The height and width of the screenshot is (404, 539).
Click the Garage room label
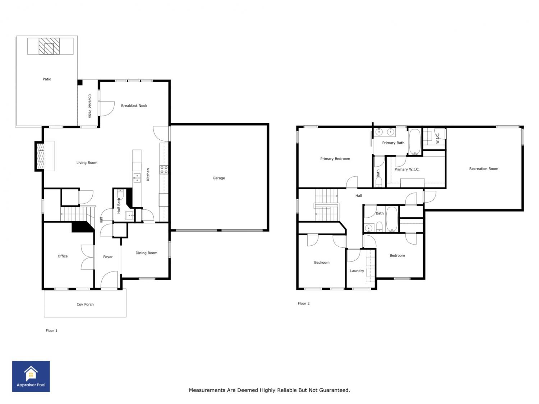coord(218,178)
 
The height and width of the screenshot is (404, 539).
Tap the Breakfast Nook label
coord(134,106)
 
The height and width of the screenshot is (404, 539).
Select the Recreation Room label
coord(484,169)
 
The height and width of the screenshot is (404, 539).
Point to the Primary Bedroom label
coord(335,159)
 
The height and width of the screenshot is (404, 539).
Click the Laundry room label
coord(357,271)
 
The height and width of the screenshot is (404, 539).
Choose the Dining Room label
coord(146,253)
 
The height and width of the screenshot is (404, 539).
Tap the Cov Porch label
coord(85,305)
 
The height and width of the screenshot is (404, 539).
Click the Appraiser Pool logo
coord(31,376)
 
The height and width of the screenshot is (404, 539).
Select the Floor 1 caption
coord(51,331)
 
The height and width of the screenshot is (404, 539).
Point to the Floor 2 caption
coord(304,303)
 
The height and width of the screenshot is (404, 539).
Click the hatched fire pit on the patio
coord(49,46)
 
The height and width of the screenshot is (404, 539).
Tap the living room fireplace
coord(40,156)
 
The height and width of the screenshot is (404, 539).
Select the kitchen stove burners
coord(164,170)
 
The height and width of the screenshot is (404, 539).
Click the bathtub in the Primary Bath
coord(415,142)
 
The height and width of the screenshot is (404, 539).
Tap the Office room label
coord(63,256)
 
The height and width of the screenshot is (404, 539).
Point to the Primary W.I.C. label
coord(407,170)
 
